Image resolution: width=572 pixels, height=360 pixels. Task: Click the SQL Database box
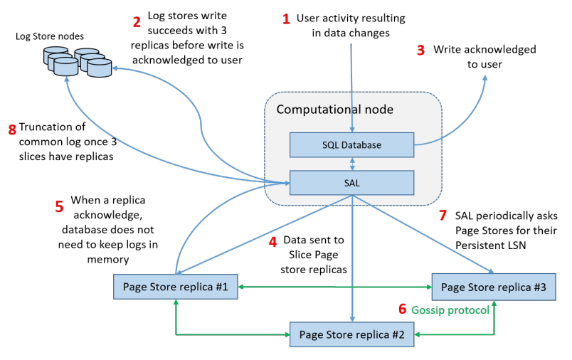tap(351, 145)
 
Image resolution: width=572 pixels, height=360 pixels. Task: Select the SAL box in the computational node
tap(351, 183)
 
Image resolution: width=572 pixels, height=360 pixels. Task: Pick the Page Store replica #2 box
tap(351, 334)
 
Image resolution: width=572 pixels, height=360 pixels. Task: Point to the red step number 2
tap(137, 21)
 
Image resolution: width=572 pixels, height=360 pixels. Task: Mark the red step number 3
tap(420, 51)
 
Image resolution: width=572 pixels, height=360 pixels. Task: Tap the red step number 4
tap(272, 242)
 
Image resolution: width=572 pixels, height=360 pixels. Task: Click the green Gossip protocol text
tap(450, 309)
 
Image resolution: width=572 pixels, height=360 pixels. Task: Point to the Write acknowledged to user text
tap(484, 57)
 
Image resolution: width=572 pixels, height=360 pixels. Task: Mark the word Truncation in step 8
tap(44, 128)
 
